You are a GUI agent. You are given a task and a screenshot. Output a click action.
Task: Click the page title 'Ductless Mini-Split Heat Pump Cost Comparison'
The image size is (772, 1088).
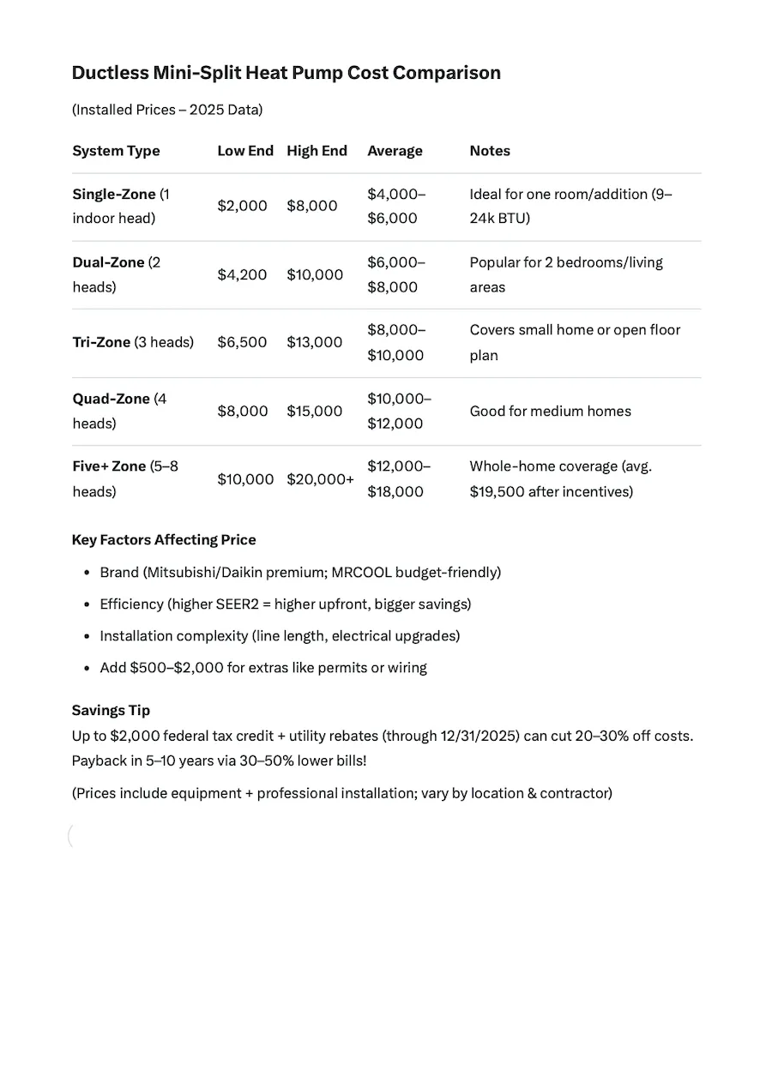[286, 73]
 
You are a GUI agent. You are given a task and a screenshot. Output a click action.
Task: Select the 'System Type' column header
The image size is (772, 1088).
[116, 151]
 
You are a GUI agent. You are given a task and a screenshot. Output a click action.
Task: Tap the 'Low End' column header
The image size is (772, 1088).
[244, 151]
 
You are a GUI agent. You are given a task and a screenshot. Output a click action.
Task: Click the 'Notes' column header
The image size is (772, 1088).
[490, 151]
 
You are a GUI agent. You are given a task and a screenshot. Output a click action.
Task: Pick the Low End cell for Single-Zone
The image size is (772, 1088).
[242, 207]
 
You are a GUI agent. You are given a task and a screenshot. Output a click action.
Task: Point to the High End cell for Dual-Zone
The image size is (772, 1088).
[314, 275]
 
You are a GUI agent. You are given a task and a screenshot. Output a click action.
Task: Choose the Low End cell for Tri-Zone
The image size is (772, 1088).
[242, 342]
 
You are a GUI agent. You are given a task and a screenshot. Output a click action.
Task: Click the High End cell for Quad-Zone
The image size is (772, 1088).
[314, 412]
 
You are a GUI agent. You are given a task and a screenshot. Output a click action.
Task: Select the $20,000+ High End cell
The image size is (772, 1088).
[320, 479]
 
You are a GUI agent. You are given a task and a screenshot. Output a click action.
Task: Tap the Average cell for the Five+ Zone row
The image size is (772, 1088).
[398, 479]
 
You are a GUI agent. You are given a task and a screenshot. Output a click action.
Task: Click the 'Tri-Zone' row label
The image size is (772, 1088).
[101, 342]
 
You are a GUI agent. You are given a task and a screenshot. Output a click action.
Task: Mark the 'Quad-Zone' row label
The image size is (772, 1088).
[111, 399]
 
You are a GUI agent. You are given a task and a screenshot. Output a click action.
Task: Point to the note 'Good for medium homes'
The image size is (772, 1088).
[550, 412]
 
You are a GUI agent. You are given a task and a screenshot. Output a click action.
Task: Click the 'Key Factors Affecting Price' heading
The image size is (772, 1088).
[164, 540]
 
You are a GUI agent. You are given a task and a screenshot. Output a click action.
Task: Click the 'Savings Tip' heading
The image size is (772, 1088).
[111, 711]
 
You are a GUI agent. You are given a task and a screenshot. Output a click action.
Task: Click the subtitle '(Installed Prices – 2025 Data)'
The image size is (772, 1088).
[167, 110]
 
